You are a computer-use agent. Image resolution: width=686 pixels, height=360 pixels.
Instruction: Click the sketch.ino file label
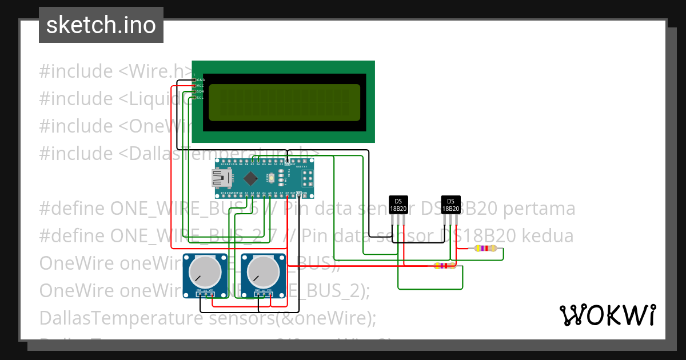point(101,25)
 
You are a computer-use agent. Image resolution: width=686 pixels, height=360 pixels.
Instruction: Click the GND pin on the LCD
point(195,80)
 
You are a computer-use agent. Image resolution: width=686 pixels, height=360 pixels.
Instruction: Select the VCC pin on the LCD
point(195,86)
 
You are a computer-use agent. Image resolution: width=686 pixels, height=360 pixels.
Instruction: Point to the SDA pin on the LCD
point(195,91)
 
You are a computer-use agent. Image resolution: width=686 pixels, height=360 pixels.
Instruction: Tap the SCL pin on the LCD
point(195,98)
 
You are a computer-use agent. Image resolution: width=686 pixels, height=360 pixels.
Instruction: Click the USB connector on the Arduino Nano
point(221,179)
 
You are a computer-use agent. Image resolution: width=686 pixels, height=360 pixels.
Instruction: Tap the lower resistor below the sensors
point(444,266)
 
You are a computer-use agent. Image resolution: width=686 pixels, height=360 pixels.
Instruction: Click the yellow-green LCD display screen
point(284,102)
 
